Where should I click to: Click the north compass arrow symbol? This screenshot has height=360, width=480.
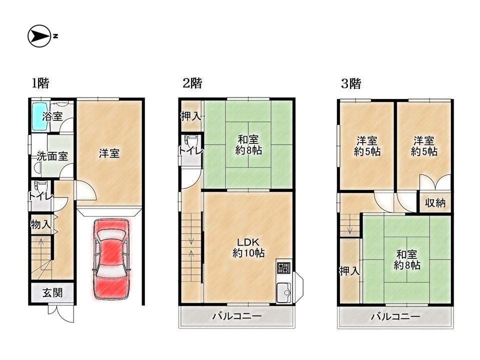(39, 36)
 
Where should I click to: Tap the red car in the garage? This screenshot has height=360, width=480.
(111, 259)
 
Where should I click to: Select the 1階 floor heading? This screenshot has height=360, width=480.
(40, 83)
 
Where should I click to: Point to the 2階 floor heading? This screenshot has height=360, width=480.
(192, 83)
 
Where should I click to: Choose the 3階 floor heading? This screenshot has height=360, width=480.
(351, 83)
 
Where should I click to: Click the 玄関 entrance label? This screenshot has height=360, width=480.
(52, 293)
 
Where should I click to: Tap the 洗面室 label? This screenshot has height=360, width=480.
(52, 156)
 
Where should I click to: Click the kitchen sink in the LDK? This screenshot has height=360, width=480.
(284, 292)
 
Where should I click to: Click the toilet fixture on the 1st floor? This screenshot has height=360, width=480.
(40, 186)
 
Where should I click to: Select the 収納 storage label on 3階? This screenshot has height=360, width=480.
(435, 202)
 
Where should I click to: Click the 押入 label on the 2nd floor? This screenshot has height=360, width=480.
(190, 116)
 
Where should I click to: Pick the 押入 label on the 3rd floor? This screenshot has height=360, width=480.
(349, 271)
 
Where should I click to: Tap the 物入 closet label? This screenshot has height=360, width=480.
(40, 224)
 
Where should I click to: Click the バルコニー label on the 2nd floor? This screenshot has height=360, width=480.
(237, 316)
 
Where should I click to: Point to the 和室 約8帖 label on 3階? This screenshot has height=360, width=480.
(407, 259)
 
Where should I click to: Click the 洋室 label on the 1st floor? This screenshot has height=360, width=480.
(109, 153)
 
